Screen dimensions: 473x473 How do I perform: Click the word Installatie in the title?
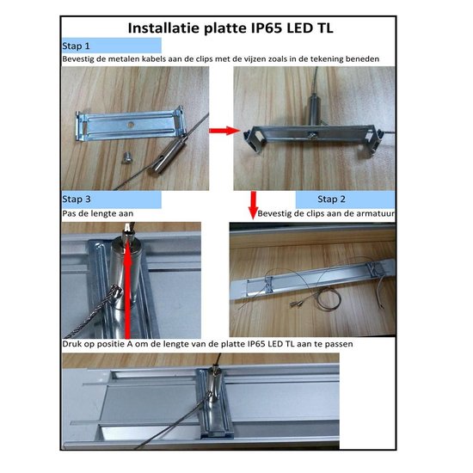(x=163, y=27)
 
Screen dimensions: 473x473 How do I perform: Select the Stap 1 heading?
(x=77, y=44)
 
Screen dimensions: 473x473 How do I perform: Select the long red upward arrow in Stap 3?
(x=128, y=284)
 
